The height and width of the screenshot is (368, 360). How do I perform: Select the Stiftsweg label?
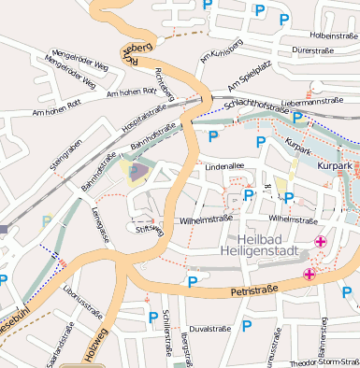(x=150, y=227)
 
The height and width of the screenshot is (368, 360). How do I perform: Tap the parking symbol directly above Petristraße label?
(x=193, y=280)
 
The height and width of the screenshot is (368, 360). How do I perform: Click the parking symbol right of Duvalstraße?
(x=247, y=326)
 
